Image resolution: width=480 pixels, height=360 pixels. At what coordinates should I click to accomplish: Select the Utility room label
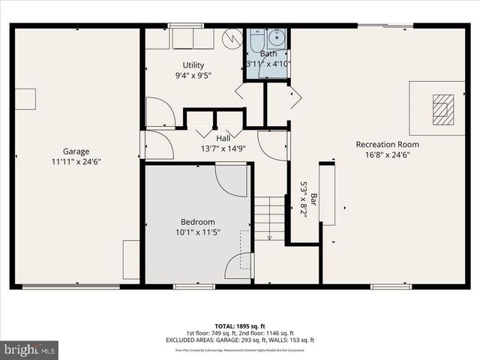193,65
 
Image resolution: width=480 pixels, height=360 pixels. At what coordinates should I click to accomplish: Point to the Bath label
268,54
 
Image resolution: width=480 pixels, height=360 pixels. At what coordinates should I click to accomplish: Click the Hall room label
223,138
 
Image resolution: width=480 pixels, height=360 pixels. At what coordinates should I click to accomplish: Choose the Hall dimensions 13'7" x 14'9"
223,148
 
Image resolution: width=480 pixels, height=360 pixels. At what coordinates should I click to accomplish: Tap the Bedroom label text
198,222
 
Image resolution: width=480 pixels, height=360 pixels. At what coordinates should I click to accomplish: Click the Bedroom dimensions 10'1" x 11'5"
198,232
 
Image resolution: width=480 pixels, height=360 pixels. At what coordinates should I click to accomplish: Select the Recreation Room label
387,144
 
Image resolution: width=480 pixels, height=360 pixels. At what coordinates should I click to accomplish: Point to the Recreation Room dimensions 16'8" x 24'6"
387,154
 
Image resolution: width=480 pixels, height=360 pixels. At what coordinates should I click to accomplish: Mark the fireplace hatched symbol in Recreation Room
443,109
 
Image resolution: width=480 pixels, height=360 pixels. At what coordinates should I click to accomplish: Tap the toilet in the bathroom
257,38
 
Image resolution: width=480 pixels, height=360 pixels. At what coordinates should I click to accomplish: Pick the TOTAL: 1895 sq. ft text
239,325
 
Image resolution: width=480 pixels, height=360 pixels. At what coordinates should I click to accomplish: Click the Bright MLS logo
29,349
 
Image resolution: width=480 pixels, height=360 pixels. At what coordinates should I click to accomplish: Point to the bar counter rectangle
327,194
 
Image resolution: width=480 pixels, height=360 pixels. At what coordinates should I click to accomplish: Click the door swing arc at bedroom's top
230,181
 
